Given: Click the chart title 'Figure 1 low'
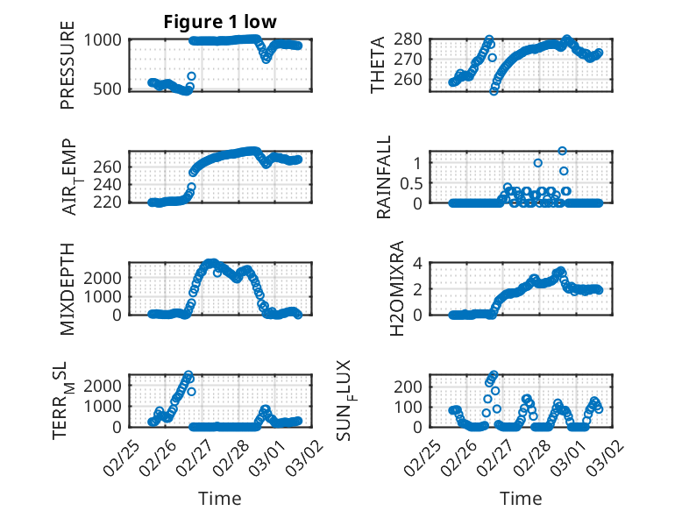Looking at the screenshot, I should pyautogui.click(x=221, y=22).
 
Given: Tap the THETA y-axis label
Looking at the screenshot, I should pyautogui.click(x=378, y=64).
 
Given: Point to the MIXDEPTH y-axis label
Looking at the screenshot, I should pyautogui.click(x=67, y=287).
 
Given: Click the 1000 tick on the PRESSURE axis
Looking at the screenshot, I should pyautogui.click(x=105, y=39).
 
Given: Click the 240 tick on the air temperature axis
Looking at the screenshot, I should pyautogui.click(x=110, y=184).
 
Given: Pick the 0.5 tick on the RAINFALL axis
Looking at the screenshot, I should pyautogui.click(x=412, y=182).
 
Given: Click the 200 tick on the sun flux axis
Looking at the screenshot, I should pyautogui.click(x=416, y=387).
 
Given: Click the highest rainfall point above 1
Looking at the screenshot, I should pyautogui.click(x=562, y=151).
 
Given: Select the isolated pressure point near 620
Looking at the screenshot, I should pyautogui.click(x=191, y=76).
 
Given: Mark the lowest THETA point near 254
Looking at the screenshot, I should pyautogui.click(x=494, y=90).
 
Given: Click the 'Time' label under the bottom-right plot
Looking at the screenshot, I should pyautogui.click(x=521, y=498).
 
